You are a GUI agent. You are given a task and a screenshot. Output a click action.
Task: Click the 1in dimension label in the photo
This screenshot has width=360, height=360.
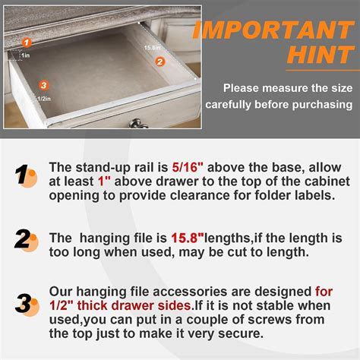tap(25, 55)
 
